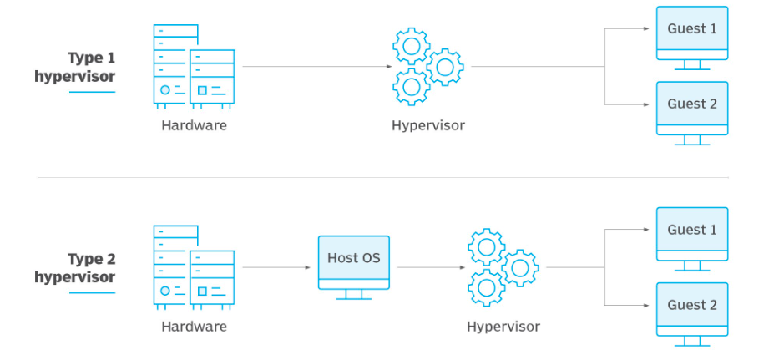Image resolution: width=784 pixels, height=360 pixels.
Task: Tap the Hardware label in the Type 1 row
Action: pos(194,126)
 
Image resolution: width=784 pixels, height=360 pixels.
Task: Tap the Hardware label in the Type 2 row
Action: pos(194,327)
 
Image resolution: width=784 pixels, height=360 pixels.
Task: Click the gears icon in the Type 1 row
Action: pos(427,66)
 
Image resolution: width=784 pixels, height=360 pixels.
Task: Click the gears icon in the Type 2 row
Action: pos(502,267)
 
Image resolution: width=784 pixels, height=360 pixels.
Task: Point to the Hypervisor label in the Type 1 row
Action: pos(427,126)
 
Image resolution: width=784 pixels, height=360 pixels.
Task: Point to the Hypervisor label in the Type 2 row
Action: pos(503,327)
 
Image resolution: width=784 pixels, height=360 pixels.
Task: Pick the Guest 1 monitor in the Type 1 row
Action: pos(692,33)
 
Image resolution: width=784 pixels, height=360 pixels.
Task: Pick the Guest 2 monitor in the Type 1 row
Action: pos(692,109)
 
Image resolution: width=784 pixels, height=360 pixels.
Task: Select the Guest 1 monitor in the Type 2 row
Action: pos(692,234)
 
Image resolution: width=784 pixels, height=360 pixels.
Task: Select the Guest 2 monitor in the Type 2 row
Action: pos(692,309)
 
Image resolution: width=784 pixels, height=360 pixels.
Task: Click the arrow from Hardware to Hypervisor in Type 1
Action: pos(317,66)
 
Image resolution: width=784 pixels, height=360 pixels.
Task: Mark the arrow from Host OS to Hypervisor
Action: pos(431,267)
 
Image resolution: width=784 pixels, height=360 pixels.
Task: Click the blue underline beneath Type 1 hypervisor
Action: pos(91,91)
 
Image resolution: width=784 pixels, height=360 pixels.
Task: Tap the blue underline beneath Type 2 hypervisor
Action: pos(91,292)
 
